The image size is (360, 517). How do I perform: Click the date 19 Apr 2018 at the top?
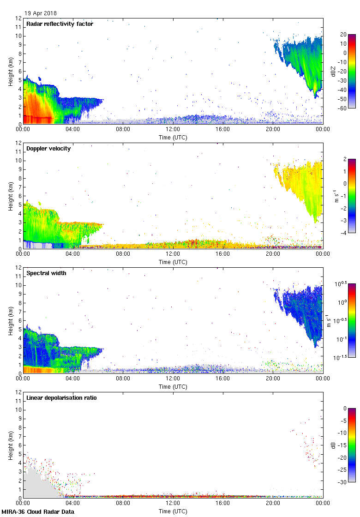[x=41, y=13]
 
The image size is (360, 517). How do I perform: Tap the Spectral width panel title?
[x=47, y=273]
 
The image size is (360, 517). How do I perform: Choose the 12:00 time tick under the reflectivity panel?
[x=173, y=130]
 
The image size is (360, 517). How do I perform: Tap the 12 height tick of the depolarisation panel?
[x=18, y=392]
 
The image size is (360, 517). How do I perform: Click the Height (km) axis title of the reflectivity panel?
[x=10, y=71]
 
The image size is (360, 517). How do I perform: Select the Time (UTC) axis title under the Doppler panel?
[x=173, y=262]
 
